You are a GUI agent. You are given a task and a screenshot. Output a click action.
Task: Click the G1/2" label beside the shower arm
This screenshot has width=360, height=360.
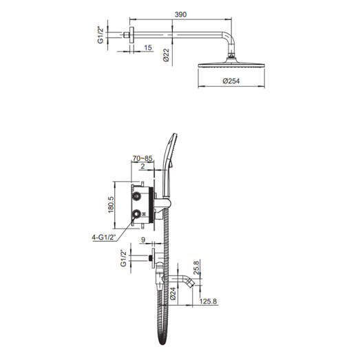(101, 34)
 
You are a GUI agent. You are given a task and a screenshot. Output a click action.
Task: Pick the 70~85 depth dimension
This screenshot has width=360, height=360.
(142, 158)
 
